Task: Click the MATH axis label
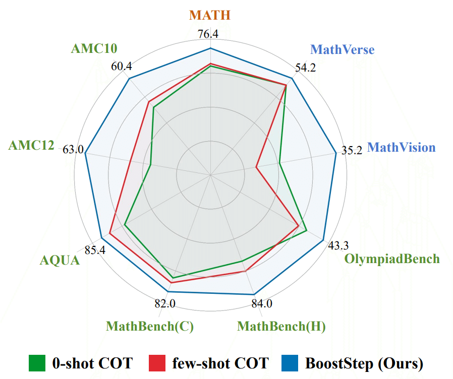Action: coord(210,15)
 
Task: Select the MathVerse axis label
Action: coord(342,49)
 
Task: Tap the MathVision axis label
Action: coord(401,147)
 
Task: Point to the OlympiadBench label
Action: coord(392,259)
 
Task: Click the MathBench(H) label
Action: coord(281,326)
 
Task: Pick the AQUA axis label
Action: coord(60,261)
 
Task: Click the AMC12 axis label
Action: coord(31,146)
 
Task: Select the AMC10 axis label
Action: coord(94,48)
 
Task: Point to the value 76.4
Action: coord(208,35)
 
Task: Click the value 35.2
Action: coord(352,150)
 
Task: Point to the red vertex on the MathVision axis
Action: coord(256,167)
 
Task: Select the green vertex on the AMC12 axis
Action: coord(151,164)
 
